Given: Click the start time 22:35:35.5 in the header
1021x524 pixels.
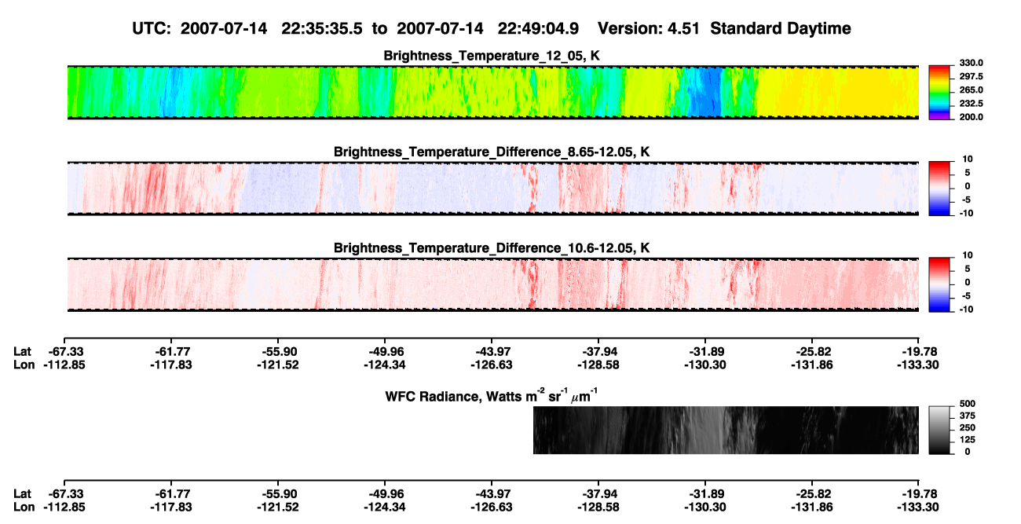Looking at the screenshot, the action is (x=322, y=29).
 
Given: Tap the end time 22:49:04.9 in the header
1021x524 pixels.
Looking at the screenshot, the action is (x=538, y=29).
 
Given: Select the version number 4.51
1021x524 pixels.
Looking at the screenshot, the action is (x=682, y=29).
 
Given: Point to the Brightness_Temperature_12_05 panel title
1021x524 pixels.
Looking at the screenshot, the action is (x=492, y=56).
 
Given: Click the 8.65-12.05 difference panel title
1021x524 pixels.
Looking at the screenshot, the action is (x=492, y=152).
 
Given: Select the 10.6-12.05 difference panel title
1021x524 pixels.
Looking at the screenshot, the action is (x=492, y=248).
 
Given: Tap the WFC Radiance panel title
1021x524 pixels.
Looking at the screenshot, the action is (x=492, y=395).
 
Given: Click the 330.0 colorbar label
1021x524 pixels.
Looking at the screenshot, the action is (x=971, y=63).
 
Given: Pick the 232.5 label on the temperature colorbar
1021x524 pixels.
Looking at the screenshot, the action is (x=971, y=104).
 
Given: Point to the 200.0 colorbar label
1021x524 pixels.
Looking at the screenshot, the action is (x=971, y=117).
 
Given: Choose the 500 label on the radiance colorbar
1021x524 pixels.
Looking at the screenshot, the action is (x=968, y=404).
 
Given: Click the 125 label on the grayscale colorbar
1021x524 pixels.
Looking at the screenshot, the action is (x=968, y=440).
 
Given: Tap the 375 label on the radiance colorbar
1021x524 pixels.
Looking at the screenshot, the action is (x=968, y=416).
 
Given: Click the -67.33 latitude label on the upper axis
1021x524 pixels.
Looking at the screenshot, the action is (x=64, y=352).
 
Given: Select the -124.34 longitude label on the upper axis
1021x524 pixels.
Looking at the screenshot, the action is (x=385, y=365).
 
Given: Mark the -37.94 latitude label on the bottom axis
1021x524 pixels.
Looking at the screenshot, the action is (x=598, y=494).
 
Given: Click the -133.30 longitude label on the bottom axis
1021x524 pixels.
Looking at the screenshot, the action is (x=918, y=508).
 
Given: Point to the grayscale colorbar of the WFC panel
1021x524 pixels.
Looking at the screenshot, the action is (x=939, y=430).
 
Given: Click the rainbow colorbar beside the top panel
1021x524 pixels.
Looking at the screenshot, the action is (x=939, y=93).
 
